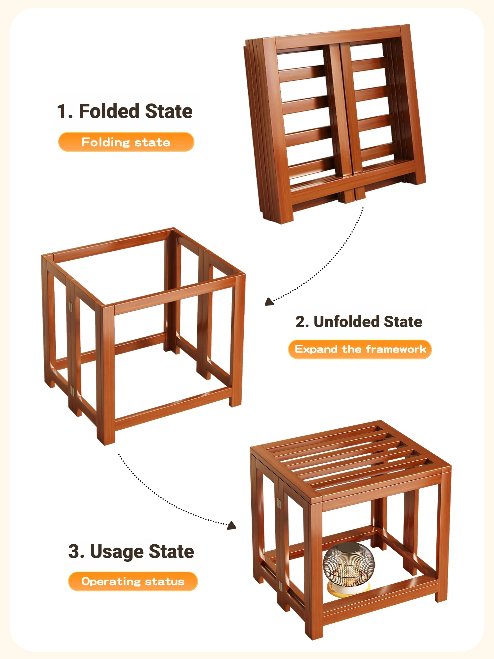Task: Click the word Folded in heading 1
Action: click(x=110, y=111)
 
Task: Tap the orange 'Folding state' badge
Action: click(x=126, y=142)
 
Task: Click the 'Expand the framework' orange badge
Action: click(x=360, y=349)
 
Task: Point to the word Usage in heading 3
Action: click(x=117, y=552)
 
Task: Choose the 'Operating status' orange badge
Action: click(x=133, y=582)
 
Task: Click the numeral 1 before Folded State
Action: click(x=63, y=111)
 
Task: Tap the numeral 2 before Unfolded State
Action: click(x=300, y=322)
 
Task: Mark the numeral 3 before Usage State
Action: click(x=74, y=551)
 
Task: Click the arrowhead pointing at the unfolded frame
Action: click(x=269, y=302)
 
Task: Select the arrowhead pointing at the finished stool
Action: click(x=232, y=525)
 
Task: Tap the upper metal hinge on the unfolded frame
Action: click(x=70, y=307)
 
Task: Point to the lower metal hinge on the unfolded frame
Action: click(x=72, y=391)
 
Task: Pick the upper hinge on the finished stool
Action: click(x=279, y=503)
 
